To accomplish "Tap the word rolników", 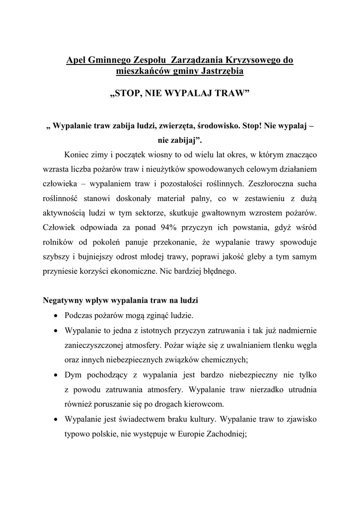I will pyautogui.click(x=58, y=243).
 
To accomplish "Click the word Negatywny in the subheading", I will pyautogui.click(x=62, y=301).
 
